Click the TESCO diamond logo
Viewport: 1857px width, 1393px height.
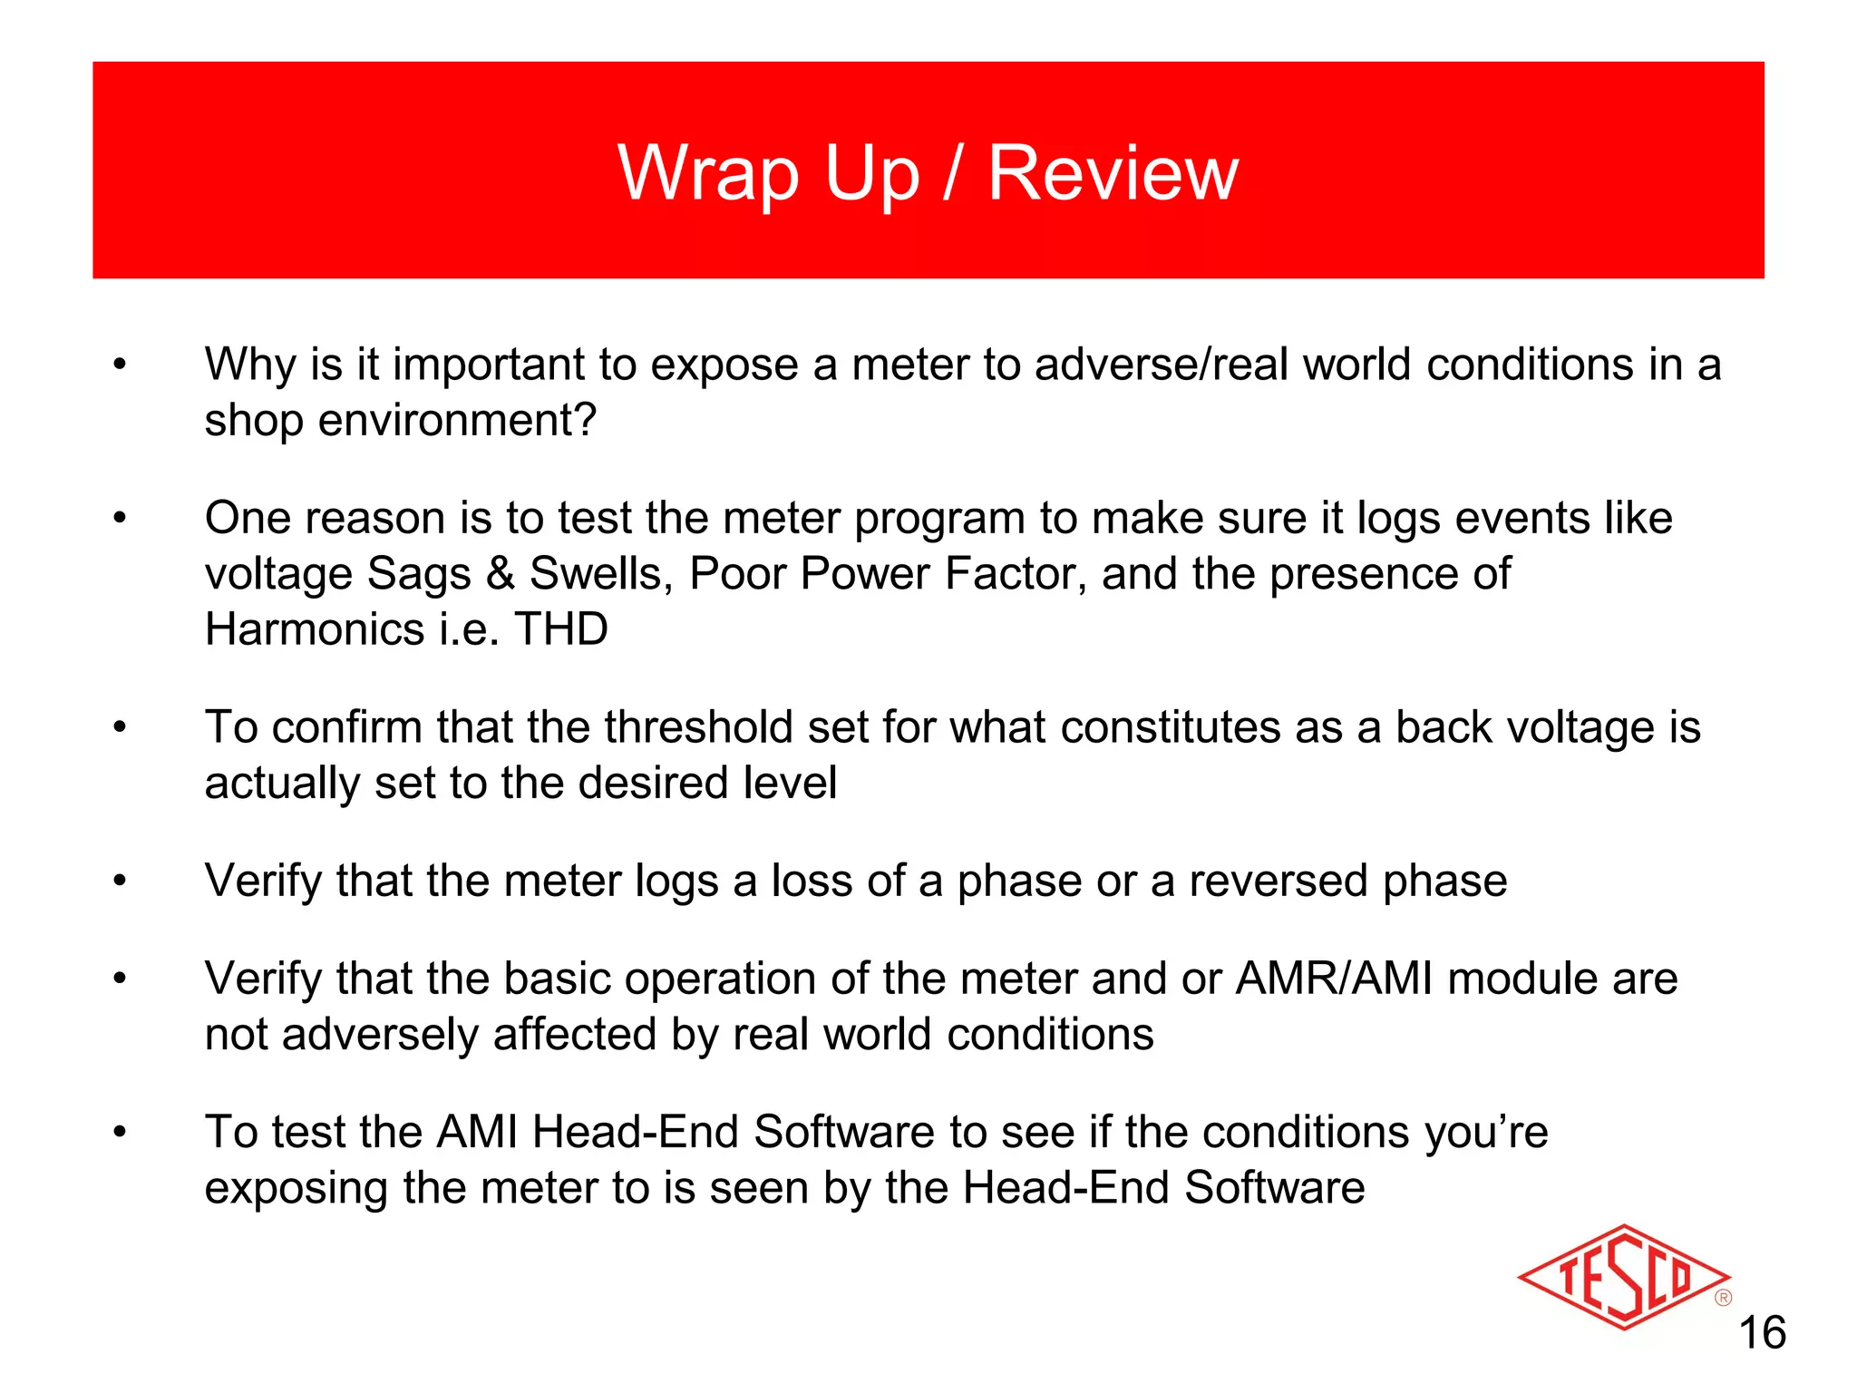point(1622,1278)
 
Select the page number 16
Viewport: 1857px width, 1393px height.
point(1762,1333)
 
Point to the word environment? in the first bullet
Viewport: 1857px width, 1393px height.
point(457,421)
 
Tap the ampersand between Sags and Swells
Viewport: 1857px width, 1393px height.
point(500,574)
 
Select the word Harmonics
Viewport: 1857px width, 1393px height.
point(314,629)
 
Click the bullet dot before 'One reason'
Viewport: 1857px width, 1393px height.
point(119,518)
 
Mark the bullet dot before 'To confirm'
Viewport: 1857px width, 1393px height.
point(119,727)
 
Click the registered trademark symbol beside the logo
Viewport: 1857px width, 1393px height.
point(1723,1299)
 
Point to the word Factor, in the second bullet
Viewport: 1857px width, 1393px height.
point(1015,574)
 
